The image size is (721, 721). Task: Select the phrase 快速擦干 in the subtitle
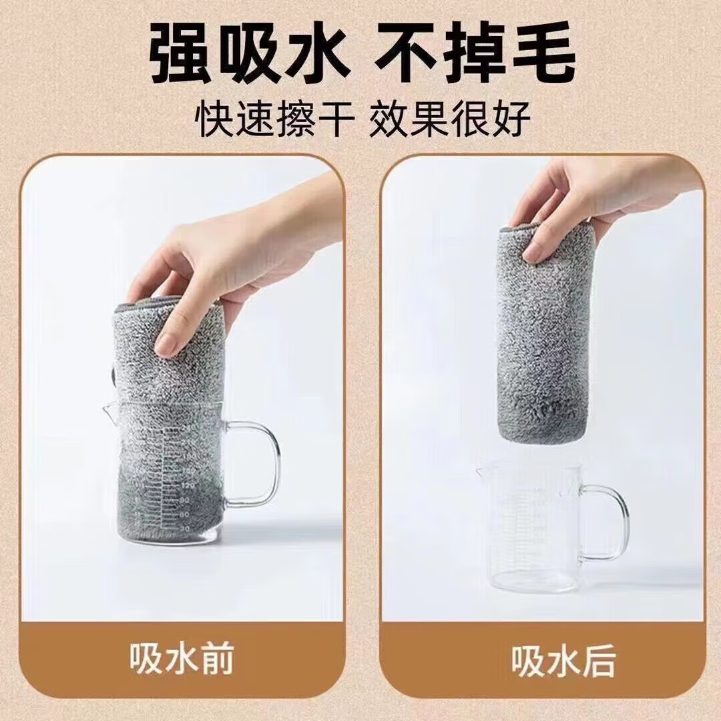275,119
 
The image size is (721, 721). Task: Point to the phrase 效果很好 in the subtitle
450,119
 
